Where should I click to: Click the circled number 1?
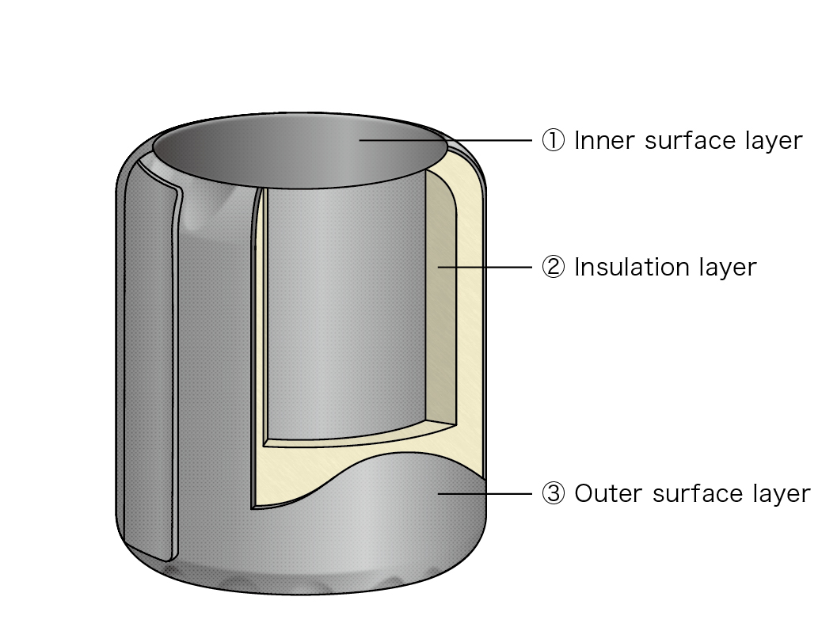pyautogui.click(x=553, y=140)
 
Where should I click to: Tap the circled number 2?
pyautogui.click(x=553, y=268)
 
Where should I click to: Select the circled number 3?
pyautogui.click(x=553, y=494)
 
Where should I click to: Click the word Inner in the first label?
pyautogui.click(x=605, y=140)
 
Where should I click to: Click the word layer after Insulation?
pyautogui.click(x=729, y=268)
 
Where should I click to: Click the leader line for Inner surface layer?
pyautogui.click(x=446, y=140)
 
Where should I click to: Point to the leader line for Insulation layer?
pyautogui.click(x=485, y=267)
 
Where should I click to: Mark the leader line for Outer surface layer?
pyautogui.click(x=485, y=494)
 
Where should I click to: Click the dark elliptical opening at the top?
pyautogui.click(x=300, y=151)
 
